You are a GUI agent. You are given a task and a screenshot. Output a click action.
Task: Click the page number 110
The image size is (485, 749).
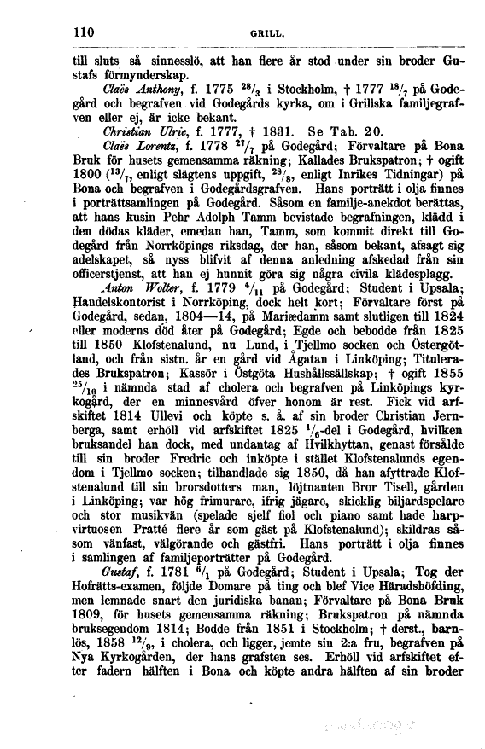point(83,32)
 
